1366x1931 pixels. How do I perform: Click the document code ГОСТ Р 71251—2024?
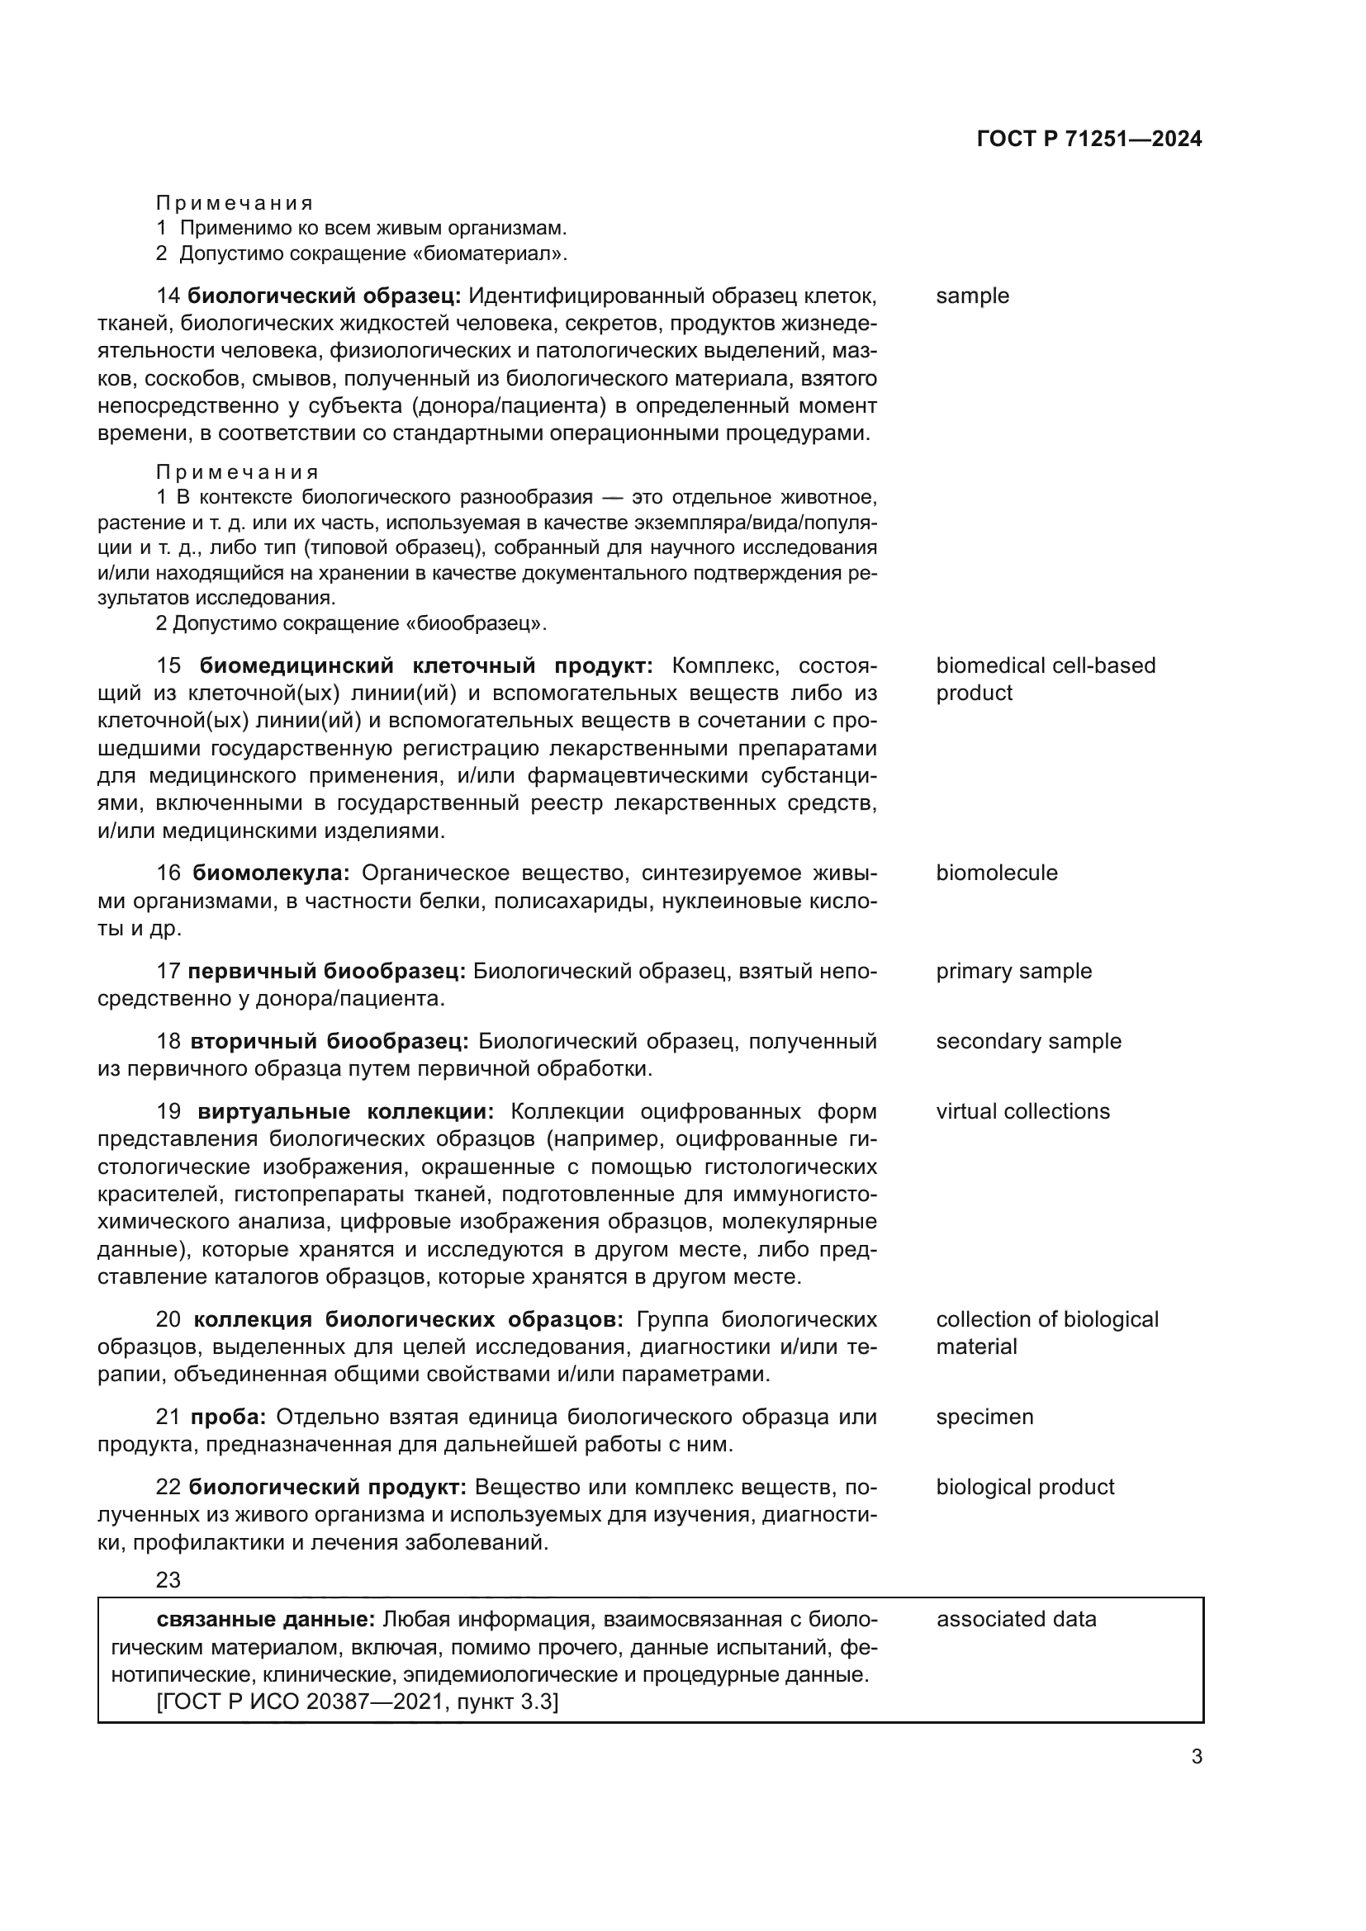coord(1089,140)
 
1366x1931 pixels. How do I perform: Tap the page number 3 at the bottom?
coord(1196,1757)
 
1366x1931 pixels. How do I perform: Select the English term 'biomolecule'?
coord(996,873)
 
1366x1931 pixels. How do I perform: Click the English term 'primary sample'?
coord(1013,972)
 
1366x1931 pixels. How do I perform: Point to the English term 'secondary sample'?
coord(1028,1041)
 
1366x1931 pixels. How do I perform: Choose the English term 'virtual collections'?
coord(1022,1112)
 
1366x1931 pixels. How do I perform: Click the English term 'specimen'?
coord(984,1417)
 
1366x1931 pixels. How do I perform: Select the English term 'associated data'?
coord(1016,1619)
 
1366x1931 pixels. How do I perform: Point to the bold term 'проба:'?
coord(228,1417)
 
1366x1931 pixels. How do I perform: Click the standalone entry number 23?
coord(168,1580)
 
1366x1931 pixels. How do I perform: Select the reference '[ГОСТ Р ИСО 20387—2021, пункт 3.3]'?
coord(358,1702)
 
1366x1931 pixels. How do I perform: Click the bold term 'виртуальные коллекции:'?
coord(346,1112)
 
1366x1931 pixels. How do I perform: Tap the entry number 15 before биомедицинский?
coord(168,666)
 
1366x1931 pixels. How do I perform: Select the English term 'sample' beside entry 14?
coord(971,296)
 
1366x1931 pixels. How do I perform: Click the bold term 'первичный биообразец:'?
coord(326,972)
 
